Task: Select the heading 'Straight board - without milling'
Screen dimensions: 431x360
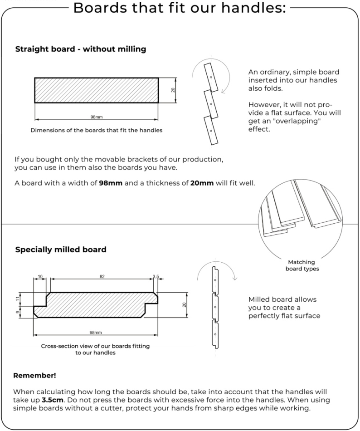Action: [x=81, y=49]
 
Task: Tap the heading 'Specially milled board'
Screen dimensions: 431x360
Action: [x=61, y=250]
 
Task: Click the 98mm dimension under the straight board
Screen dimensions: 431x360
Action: [x=96, y=117]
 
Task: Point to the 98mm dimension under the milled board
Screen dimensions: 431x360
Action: [x=96, y=333]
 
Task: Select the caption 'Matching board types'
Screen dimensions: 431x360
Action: [x=301, y=265]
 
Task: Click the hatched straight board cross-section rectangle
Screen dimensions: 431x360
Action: [x=96, y=90]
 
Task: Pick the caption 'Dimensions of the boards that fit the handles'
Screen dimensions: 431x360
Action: [x=96, y=130]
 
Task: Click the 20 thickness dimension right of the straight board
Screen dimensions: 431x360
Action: [x=173, y=90]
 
